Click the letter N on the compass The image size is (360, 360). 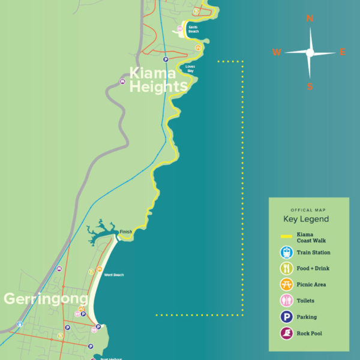click(x=310, y=19)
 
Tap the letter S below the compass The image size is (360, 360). click(x=310, y=86)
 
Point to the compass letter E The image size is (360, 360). click(x=343, y=52)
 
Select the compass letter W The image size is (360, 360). click(x=277, y=52)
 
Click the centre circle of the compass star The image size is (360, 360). click(x=310, y=53)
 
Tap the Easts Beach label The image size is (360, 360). click(x=193, y=29)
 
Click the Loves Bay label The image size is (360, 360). click(x=190, y=68)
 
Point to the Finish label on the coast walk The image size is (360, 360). click(x=125, y=232)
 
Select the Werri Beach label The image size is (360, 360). click(x=113, y=275)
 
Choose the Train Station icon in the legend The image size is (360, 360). click(x=287, y=253)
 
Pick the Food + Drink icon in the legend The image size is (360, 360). click(x=287, y=269)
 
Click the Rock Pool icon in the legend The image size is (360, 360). click(x=287, y=333)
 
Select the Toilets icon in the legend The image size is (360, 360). click(x=287, y=301)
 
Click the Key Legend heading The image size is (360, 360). click(x=306, y=219)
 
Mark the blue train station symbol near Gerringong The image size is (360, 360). click(x=20, y=324)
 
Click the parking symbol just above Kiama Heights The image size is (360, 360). click(x=165, y=59)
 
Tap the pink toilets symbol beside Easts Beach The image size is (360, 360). click(x=179, y=28)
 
